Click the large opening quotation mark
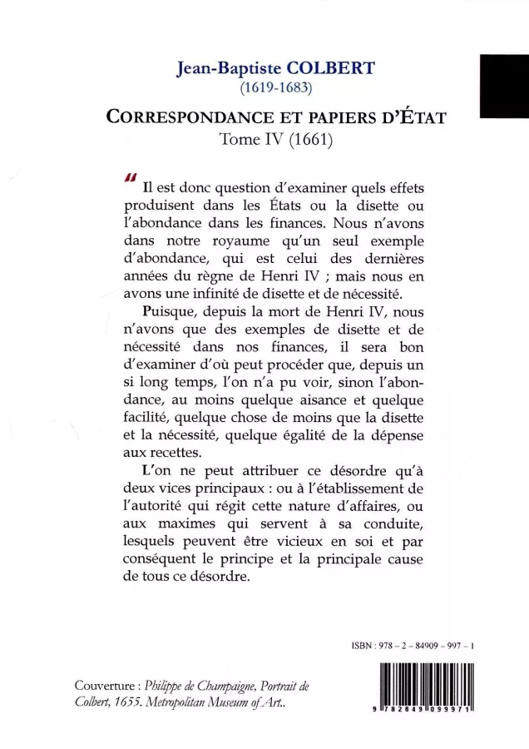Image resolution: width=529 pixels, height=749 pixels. (x=129, y=178)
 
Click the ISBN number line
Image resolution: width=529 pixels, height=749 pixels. (x=410, y=643)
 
